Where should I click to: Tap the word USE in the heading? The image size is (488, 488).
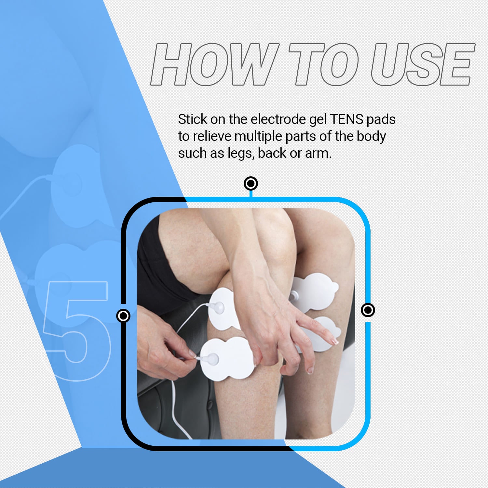(423, 64)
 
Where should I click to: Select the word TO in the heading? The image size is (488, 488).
(324, 64)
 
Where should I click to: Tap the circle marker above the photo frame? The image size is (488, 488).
(251, 184)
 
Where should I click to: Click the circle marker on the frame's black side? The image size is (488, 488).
(123, 316)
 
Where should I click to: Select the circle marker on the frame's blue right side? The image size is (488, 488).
(368, 310)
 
